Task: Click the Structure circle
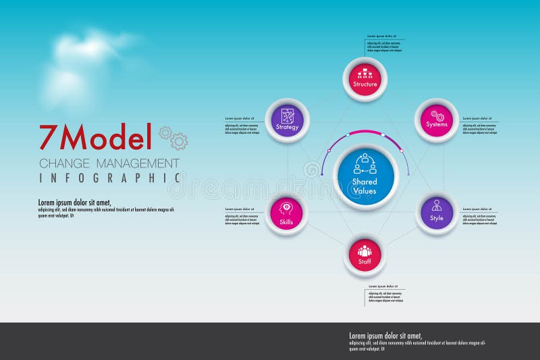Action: coord(365,79)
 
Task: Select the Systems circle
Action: coord(437,120)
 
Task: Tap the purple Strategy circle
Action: coord(287,120)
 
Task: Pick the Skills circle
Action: coord(286,213)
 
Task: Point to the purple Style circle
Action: coord(437,213)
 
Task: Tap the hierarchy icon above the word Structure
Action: coord(365,73)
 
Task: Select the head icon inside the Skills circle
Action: coord(286,207)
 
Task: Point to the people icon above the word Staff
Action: coord(364,250)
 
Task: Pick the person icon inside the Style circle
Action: coord(437,205)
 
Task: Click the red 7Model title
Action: coord(95,138)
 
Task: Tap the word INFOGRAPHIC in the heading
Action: coord(109,178)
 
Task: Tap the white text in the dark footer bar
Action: coord(416,342)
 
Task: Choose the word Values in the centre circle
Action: coord(364,191)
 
